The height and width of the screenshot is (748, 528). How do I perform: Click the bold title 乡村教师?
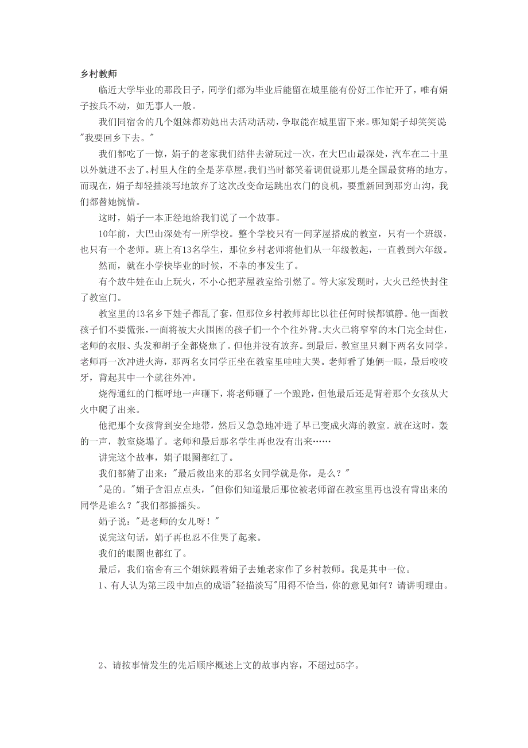tap(99, 75)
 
